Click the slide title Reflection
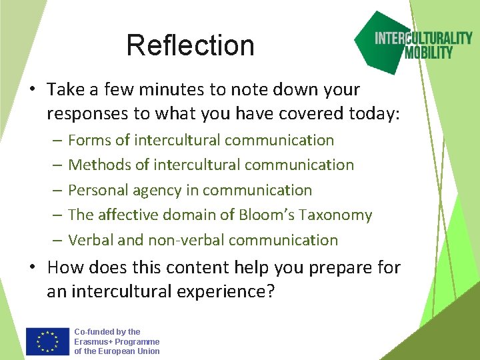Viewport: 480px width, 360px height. pyautogui.click(x=190, y=45)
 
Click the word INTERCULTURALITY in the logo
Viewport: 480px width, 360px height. pyautogui.click(x=423, y=38)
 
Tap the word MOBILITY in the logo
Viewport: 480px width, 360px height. pyautogui.click(x=429, y=53)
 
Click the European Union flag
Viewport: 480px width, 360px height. pyautogui.click(x=47, y=341)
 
